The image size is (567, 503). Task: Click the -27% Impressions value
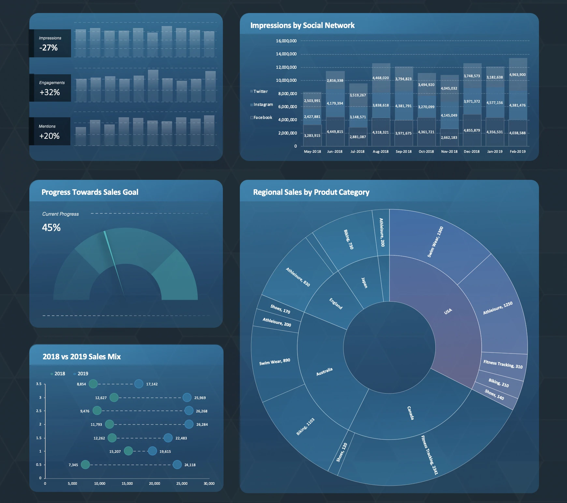(49, 48)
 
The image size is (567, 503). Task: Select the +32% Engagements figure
(50, 93)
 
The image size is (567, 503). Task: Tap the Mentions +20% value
(49, 136)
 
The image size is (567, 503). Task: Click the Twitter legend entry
(260, 92)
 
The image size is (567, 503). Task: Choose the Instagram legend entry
(263, 105)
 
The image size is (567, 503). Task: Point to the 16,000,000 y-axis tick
(286, 41)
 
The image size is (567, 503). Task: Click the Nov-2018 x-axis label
(449, 151)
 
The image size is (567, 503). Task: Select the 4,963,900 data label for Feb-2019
(517, 75)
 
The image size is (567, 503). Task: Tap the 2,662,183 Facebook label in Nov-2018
(449, 137)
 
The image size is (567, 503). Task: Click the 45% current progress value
(51, 227)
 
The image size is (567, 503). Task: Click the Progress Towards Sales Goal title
(90, 192)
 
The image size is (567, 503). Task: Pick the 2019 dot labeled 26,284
(189, 424)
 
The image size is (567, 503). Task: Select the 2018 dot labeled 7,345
(85, 465)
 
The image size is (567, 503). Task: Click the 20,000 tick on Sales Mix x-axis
(154, 483)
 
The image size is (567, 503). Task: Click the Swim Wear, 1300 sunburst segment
(435, 242)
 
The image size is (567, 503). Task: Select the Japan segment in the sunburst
(364, 282)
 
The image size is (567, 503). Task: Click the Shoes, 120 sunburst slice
(342, 452)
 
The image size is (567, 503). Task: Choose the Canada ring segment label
(411, 413)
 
